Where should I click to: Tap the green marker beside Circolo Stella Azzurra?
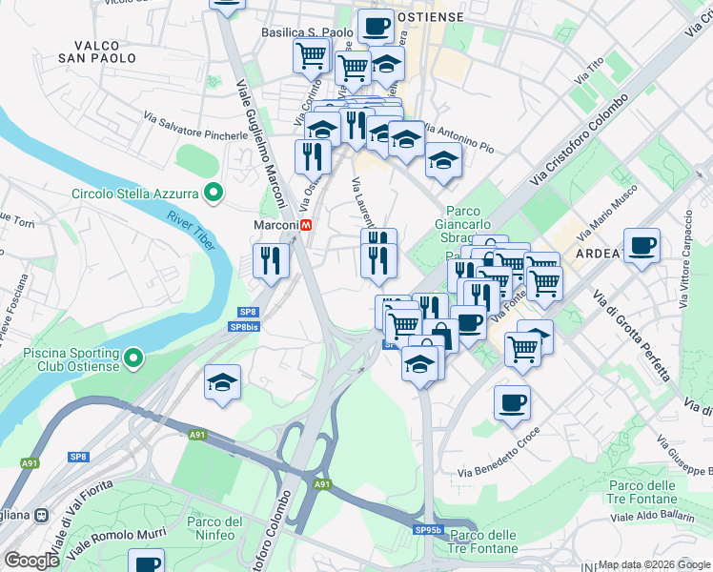point(214,194)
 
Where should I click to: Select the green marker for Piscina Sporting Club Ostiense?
point(134,358)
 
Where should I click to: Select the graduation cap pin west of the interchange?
point(223,383)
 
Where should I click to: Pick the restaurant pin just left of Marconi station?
point(271,260)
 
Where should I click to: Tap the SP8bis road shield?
point(246,327)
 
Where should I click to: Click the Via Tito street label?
point(589,72)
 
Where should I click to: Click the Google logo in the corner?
point(31,560)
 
